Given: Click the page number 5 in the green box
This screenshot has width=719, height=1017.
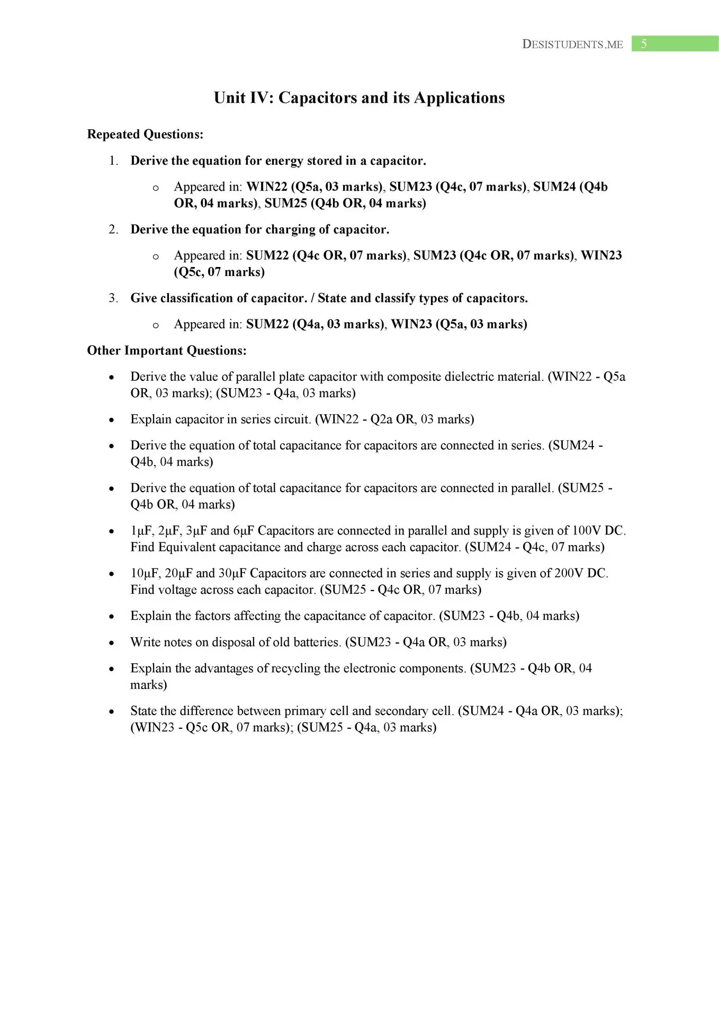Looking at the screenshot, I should coord(643,44).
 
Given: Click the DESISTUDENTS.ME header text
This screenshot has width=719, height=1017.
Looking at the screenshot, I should coord(572,44).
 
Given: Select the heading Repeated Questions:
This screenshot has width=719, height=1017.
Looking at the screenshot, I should coord(145,135).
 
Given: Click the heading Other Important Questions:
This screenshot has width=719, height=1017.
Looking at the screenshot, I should coord(167,351).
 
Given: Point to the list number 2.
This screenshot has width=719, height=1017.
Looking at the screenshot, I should coord(113,229).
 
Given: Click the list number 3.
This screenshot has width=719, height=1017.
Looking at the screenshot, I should coord(113,298).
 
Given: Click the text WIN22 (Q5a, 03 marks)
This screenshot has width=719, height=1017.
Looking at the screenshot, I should coord(315,187).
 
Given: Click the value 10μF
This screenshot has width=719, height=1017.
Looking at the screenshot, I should coord(145,573).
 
